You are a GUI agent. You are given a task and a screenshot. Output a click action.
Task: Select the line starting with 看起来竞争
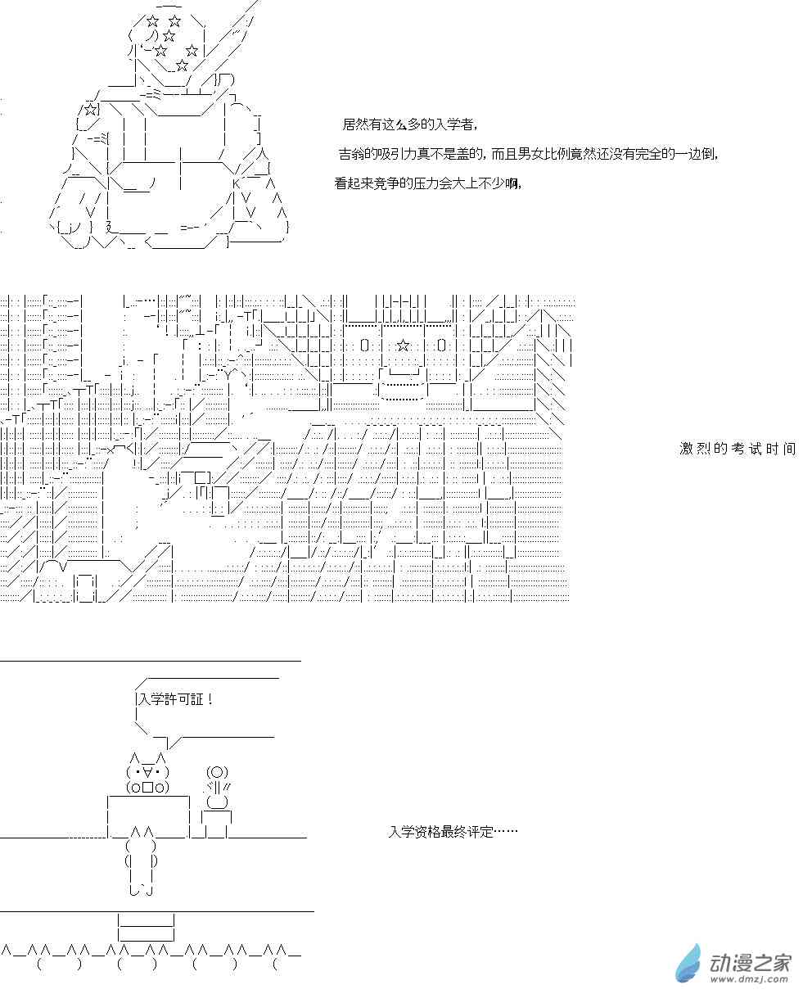[427, 183]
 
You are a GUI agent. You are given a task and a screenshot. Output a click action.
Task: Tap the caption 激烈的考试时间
[737, 449]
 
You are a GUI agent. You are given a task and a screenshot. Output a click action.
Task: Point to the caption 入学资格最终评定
[453, 831]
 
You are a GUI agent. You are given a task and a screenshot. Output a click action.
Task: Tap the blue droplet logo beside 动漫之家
[688, 963]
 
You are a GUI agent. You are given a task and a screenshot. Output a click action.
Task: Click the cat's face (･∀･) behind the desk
[147, 772]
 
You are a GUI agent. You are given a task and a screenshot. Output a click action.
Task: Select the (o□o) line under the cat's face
[147, 788]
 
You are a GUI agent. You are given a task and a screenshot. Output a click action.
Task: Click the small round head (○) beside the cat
[216, 772]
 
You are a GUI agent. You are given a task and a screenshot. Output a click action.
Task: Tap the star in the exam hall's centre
[402, 345]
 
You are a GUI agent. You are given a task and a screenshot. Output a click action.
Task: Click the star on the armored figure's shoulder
[91, 109]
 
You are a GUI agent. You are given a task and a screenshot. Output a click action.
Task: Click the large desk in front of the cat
[148, 816]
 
